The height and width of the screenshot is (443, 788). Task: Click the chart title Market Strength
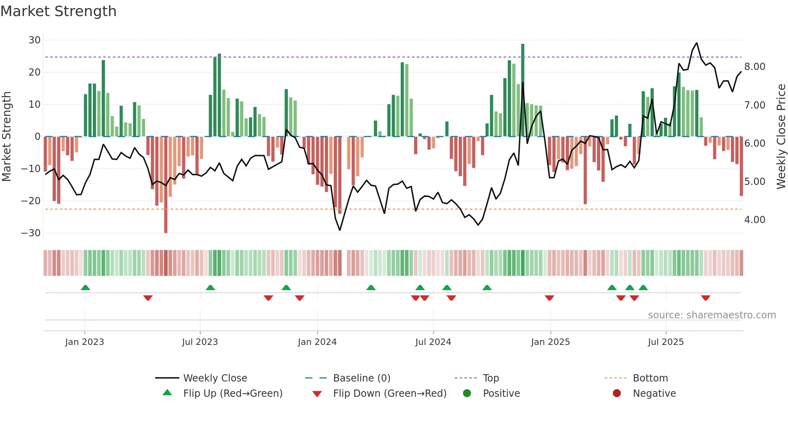pos(58,11)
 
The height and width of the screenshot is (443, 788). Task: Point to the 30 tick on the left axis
pos(35,40)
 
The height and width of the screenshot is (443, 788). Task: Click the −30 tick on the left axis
pos(31,233)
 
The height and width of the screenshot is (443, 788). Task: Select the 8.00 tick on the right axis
pos(755,67)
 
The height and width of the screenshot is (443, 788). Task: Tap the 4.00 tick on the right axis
pos(755,220)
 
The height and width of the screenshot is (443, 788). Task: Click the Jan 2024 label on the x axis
pos(317,342)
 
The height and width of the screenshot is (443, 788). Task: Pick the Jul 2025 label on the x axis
pos(665,342)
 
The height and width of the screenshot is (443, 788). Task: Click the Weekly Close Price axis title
pos(781,137)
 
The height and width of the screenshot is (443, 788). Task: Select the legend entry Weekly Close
pos(215,378)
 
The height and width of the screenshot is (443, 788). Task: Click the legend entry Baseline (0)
pos(361,378)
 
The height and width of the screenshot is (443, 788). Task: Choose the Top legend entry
pos(490,378)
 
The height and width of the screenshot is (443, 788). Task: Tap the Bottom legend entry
pos(650,378)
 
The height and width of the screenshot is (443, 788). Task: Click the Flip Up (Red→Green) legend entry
pos(233,394)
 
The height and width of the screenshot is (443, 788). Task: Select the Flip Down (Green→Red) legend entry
pos(390,394)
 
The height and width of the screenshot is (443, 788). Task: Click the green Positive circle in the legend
pos(467,394)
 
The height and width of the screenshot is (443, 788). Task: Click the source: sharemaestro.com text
pos(712,315)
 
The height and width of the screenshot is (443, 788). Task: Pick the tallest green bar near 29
pos(523,88)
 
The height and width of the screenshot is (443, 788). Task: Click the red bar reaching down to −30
pos(166,185)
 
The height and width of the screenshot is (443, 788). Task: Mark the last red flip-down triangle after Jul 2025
pos(706,298)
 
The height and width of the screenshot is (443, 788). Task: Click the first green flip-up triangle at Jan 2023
pos(85,287)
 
